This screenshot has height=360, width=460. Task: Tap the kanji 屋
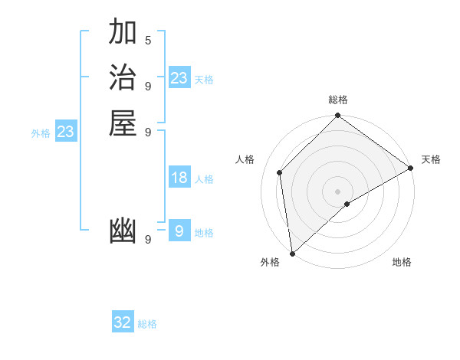click(123, 123)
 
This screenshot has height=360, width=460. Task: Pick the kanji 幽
click(123, 231)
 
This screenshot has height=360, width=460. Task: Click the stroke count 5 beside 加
click(148, 40)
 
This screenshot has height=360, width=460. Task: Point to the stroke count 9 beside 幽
click(148, 239)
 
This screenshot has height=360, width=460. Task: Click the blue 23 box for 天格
click(179, 78)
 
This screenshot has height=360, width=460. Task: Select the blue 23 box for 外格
click(66, 132)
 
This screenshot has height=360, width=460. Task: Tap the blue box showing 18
click(179, 178)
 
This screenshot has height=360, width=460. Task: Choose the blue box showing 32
click(123, 322)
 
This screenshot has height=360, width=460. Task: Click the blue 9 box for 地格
click(179, 231)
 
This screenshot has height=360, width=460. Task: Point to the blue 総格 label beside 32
click(147, 324)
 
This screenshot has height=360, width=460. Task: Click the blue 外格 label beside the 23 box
click(41, 133)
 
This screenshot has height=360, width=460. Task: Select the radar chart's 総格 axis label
click(337, 100)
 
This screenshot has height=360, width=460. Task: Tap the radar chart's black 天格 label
click(431, 159)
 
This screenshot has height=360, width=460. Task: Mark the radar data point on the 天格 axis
click(411, 168)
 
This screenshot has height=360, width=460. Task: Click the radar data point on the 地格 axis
click(348, 204)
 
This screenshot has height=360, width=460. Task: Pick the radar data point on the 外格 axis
click(292, 253)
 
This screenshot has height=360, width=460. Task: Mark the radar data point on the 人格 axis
click(280, 172)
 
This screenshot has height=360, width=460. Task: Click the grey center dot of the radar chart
click(337, 191)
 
